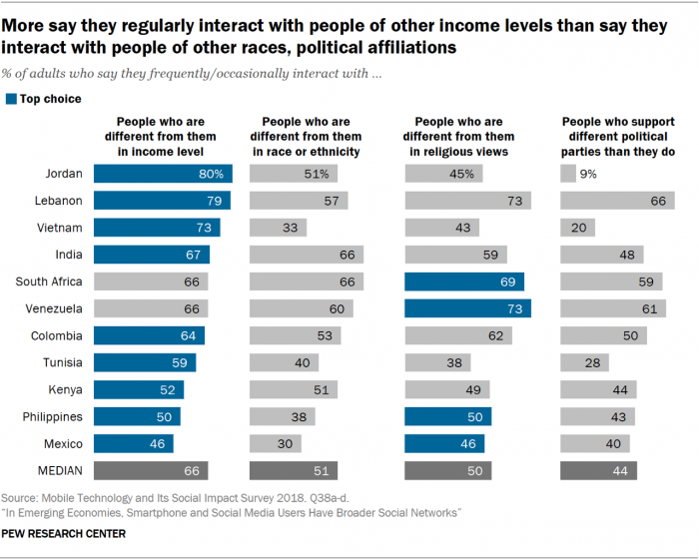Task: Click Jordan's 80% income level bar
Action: (x=163, y=174)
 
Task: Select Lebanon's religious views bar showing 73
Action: (x=467, y=201)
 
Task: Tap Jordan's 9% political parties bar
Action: (x=568, y=174)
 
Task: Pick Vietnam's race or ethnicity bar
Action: (x=278, y=228)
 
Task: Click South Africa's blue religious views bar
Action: (x=464, y=281)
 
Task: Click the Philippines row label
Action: (x=53, y=416)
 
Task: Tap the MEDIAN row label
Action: (x=57, y=470)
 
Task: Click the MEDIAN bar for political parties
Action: (x=599, y=470)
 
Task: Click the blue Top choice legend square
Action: (x=11, y=99)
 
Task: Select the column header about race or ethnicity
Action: (x=305, y=135)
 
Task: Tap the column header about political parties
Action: (x=616, y=135)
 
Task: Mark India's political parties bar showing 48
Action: (x=601, y=255)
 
